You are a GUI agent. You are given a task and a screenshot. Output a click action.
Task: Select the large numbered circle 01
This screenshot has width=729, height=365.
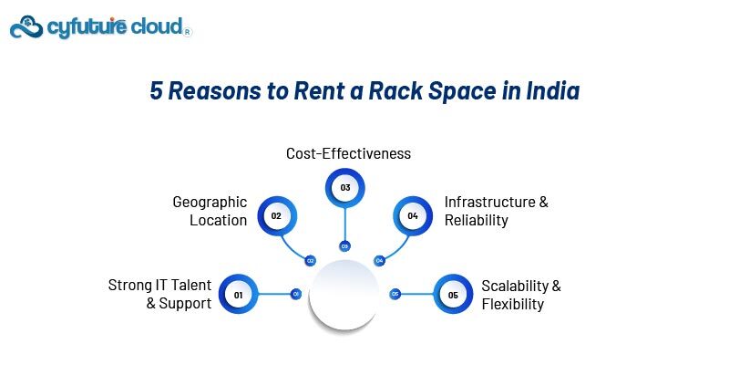239,295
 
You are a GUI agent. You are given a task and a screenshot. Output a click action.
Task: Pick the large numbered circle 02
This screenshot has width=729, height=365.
276,216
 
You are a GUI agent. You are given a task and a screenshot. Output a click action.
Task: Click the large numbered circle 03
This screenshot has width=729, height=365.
345,188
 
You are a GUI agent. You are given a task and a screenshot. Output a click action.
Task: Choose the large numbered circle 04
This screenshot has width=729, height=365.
413,216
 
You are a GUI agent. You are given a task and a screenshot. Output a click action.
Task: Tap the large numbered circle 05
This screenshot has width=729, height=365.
453,295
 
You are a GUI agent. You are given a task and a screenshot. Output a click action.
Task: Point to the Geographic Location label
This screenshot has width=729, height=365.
210,211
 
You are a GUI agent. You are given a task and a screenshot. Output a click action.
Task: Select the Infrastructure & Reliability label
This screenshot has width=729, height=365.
496,211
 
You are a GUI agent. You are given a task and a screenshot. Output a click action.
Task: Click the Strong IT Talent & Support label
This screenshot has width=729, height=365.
159,294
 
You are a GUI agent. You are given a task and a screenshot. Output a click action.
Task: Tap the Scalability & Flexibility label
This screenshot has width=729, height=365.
520,294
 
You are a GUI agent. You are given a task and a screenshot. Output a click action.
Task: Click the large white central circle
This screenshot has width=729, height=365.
344,294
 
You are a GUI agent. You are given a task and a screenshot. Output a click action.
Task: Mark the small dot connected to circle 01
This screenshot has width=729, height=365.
295,294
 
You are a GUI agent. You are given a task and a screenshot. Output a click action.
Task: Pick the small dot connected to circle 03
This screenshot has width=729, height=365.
344,245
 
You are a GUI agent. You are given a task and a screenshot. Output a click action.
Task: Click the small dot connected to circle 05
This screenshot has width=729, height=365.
395,294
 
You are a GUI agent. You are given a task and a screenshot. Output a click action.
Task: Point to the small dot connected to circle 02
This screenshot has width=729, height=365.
311,260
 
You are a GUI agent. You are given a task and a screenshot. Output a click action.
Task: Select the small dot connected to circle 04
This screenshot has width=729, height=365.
379,260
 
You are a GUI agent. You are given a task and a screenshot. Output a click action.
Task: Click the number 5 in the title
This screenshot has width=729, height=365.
155,92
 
